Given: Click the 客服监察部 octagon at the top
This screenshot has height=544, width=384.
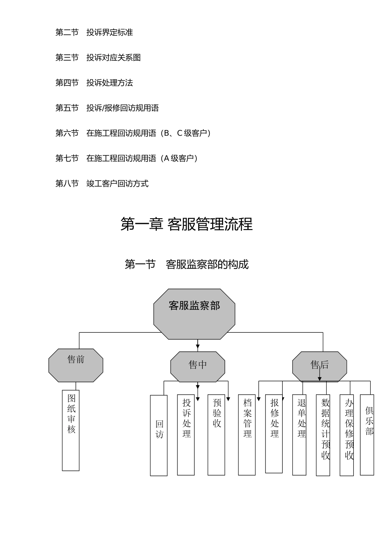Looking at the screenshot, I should coord(194,314).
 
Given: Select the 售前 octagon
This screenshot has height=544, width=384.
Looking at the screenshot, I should coord(76,365).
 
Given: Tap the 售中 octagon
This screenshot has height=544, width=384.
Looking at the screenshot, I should coord(197,366).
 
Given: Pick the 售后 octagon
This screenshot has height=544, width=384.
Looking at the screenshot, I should coord(319,366).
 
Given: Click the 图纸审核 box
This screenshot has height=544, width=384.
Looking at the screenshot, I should coord(71,430).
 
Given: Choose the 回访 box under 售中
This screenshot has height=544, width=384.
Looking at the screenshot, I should coord(158,435).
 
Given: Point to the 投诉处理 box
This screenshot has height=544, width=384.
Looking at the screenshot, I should coord(186,434).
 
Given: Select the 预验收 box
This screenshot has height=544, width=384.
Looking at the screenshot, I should coord(216,434).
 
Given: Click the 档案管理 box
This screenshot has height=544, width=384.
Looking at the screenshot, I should coord(247,434).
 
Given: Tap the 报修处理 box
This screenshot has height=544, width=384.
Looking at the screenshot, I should coord(274,433).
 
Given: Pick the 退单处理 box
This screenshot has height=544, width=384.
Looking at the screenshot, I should coord(299,434).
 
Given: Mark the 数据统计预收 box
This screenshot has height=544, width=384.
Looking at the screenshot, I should coord(323,435).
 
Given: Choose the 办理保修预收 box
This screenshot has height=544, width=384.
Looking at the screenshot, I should coord(346,435).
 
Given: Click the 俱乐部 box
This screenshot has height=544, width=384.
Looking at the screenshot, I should coord(367,434).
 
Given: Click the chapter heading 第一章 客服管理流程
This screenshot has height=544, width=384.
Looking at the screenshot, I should coord(186,224).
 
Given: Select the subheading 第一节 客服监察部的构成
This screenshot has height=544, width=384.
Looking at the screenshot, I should coord(186,265).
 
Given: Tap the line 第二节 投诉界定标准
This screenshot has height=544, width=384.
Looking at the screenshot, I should coord(94,32).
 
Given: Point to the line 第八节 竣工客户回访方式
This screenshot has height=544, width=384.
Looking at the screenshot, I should coord(102,184).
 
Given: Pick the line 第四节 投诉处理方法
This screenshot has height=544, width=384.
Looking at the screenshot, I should coord(94,83).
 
